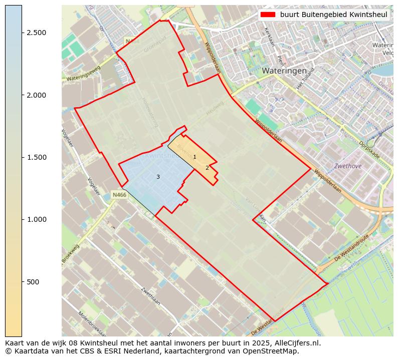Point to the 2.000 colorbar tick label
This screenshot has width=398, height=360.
click(36, 95)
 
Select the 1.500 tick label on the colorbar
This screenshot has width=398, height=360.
click(36, 157)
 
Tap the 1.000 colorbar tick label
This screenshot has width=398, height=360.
click(36, 219)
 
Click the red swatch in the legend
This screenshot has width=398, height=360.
click(267, 15)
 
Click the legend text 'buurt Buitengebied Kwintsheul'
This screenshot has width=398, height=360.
click(333, 15)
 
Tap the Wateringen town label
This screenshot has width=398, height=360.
click(284, 71)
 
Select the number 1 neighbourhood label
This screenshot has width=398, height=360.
click(194, 157)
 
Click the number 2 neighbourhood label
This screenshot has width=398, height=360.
click(207, 168)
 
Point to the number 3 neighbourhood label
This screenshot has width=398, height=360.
click(158, 177)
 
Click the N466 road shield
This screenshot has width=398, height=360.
click(119, 195)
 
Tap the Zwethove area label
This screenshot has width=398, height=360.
click(348, 166)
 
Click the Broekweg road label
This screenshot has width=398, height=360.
click(71, 253)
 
